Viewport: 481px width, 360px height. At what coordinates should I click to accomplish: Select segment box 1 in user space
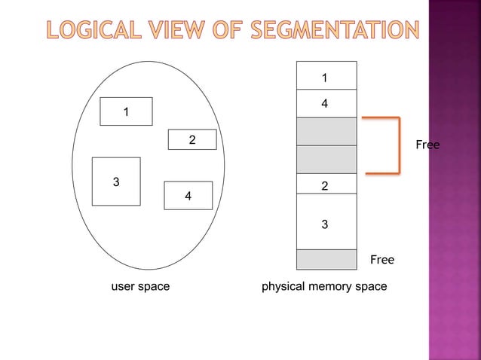(x=127, y=111)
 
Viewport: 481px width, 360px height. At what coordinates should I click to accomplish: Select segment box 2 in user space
(x=191, y=139)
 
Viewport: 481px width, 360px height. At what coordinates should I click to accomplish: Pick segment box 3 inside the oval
(x=115, y=182)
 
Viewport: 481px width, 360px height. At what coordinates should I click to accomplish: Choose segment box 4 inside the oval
(x=188, y=196)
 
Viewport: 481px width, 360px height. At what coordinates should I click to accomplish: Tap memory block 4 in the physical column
(x=325, y=103)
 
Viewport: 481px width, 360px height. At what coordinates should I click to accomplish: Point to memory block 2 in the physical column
(x=325, y=184)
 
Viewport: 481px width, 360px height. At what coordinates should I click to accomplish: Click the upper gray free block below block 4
(x=325, y=131)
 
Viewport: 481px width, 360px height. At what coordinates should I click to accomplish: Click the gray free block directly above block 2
(x=325, y=159)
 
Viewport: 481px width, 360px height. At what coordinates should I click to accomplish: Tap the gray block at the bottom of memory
(x=325, y=259)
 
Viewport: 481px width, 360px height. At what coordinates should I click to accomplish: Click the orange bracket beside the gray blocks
(x=397, y=145)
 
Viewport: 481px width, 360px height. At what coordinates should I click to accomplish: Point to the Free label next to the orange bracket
(x=427, y=145)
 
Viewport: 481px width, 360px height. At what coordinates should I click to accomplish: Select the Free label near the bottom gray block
(x=381, y=260)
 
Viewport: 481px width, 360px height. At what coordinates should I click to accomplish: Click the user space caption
(x=140, y=287)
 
